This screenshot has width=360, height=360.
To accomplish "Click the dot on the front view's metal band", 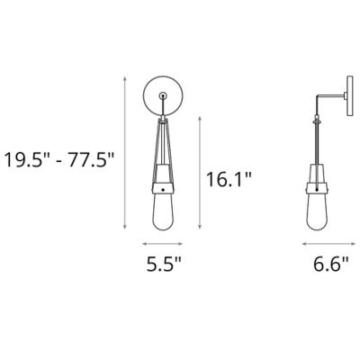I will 162,190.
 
